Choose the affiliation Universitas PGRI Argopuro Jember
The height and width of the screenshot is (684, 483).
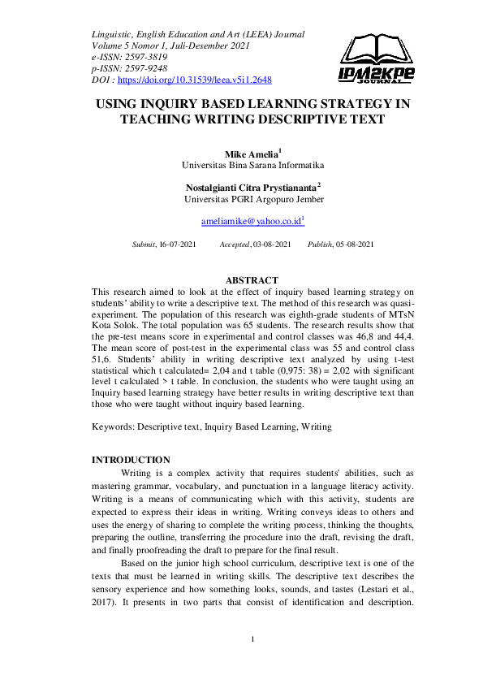click(253, 199)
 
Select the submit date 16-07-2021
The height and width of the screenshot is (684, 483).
click(177, 245)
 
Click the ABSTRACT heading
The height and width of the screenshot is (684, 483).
click(252, 281)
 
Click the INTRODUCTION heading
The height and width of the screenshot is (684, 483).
click(131, 460)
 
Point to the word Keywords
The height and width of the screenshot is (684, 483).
click(113, 426)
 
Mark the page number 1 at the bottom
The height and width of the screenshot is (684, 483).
click(252, 639)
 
